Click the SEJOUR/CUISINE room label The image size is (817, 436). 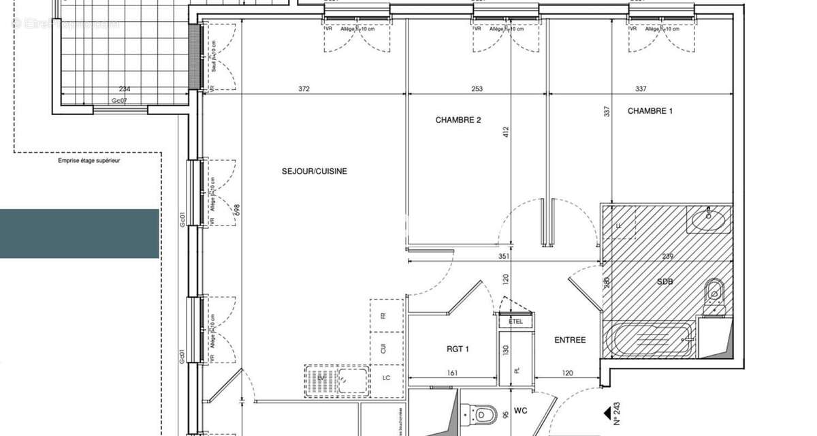point(314,171)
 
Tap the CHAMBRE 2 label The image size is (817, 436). point(458,120)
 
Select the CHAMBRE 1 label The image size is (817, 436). point(650,110)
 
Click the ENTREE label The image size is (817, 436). point(570,340)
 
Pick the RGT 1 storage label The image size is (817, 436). point(458,349)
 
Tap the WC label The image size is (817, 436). point(521,411)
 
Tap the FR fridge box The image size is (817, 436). point(383,316)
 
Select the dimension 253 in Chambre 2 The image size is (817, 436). point(476,89)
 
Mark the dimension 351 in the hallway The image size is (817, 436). point(504,257)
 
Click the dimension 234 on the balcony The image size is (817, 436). point(125,89)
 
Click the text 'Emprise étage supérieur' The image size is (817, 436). point(89,161)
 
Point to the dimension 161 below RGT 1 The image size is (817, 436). point(452,373)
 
